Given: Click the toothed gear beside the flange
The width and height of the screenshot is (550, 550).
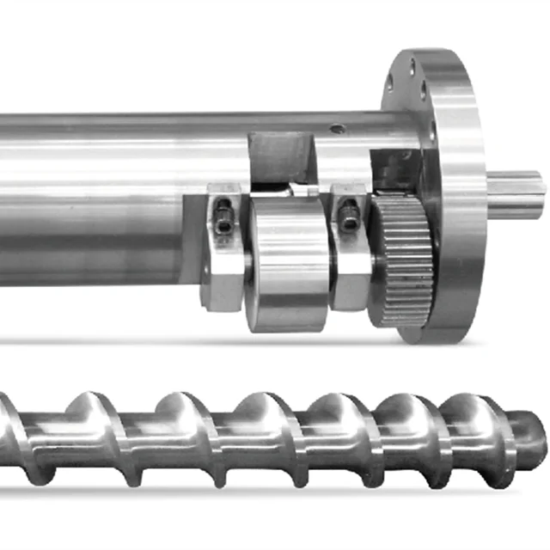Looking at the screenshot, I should pos(402,259).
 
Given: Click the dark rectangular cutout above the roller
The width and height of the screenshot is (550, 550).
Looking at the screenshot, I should pos(277,159).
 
